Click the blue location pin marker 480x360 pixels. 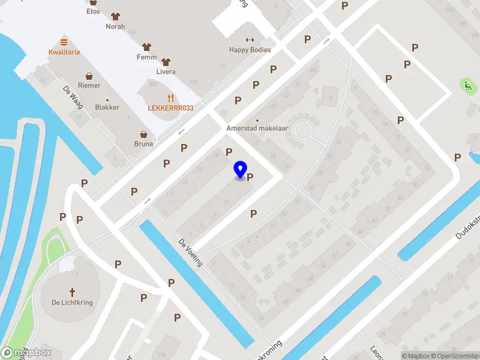(241, 170)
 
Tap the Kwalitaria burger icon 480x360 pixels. (64, 42)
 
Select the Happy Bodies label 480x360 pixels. (250, 50)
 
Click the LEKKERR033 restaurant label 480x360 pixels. (171, 108)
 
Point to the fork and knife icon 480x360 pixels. (171, 97)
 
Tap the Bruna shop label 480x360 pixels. (143, 144)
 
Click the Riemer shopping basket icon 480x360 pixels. (89, 76)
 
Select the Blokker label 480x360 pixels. (107, 107)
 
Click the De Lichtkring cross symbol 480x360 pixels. (73, 292)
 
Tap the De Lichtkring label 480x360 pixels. (72, 302)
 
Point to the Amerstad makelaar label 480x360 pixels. (257, 128)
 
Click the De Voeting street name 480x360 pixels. (191, 253)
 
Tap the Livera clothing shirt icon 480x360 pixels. (166, 61)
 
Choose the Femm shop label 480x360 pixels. (146, 58)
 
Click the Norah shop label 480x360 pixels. (115, 26)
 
